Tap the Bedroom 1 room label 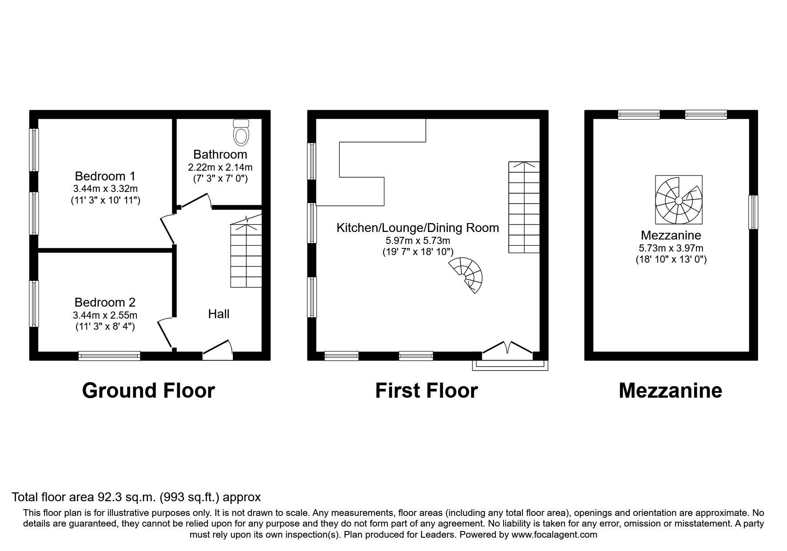click(105, 176)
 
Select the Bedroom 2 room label click(105, 303)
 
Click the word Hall click(219, 314)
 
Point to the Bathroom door click(196, 201)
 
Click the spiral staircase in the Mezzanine click(679, 200)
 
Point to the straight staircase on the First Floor click(524, 207)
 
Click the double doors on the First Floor click(507, 349)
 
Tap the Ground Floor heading click(148, 391)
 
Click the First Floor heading click(426, 391)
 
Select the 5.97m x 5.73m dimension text click(418, 241)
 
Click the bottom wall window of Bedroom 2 click(109, 355)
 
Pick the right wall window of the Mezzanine click(753, 212)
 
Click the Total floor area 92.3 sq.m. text click(136, 497)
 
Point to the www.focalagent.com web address click(554, 535)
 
